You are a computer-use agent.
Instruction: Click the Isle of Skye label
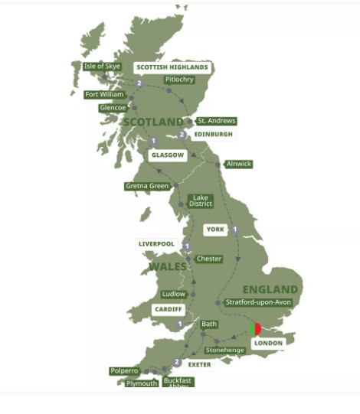102,67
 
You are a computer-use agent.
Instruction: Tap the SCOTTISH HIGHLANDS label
172,67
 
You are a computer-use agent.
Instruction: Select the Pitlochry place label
179,80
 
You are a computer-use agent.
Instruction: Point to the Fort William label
104,95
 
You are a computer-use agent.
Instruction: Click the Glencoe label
113,108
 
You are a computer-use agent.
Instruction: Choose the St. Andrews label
216,121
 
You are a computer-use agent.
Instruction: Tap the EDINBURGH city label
213,135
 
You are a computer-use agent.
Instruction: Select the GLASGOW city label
168,155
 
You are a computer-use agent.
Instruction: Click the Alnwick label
238,164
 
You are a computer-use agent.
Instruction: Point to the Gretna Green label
147,186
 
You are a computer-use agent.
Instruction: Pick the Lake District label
200,201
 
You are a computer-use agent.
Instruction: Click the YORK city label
215,230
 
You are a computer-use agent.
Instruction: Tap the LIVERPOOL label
156,244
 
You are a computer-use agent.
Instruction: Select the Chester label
208,259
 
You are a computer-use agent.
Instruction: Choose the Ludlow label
173,294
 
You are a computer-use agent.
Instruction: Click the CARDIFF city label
168,310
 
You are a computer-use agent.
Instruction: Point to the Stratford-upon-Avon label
258,302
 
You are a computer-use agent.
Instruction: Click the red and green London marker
255,329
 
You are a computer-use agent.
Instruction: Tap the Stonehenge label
224,350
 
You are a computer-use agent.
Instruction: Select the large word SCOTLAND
153,122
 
